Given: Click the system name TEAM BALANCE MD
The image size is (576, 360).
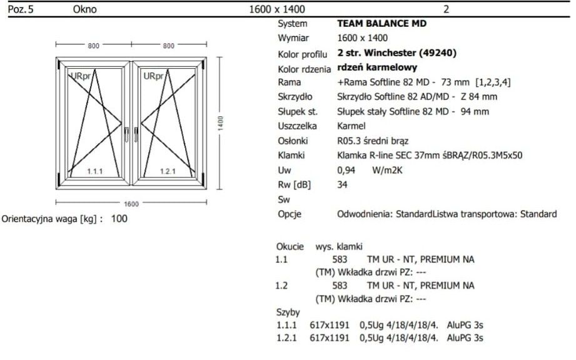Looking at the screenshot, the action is point(381,24).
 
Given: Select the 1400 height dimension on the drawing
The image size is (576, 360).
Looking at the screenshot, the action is point(220,123).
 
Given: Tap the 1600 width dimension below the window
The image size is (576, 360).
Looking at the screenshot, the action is point(131,204).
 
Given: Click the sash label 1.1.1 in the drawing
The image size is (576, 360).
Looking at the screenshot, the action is point(95,171).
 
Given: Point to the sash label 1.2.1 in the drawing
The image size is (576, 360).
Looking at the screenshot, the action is point(168,171).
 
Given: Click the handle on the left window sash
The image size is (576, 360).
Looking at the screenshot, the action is point(127,134).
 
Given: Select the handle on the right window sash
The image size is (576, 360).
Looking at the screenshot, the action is point(136,134).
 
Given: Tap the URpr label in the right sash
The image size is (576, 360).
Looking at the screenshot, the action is point(153,76).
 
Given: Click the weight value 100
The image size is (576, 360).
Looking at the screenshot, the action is point(119,219).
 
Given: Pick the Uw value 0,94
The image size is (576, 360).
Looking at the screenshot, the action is point(346,170).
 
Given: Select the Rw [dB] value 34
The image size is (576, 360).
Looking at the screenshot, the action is point(342,184).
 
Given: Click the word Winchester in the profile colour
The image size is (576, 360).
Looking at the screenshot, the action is point(390,53).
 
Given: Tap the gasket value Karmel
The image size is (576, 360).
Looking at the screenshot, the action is point(351,126).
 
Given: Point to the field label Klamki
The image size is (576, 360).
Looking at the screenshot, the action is point(291,155).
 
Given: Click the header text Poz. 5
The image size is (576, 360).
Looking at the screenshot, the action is point(21,9).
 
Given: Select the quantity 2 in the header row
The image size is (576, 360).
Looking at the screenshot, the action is point(447,9).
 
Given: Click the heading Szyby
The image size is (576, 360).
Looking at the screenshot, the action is point(288,312).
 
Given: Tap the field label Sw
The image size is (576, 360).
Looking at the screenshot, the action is point(284,199).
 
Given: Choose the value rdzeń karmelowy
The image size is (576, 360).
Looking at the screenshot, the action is point(377,67).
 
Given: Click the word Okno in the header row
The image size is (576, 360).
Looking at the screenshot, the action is point(85,9).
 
